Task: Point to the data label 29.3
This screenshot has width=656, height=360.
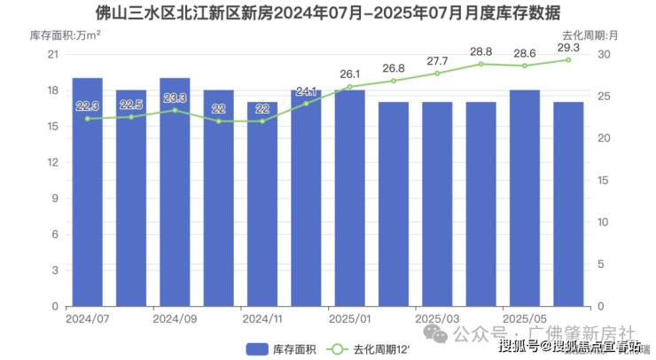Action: pos(568,47)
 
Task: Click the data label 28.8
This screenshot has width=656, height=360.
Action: pos(480,51)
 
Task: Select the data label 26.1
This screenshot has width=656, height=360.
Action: pos(349,74)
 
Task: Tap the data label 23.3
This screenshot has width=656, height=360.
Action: pos(175,98)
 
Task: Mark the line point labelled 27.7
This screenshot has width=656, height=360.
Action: pos(437,74)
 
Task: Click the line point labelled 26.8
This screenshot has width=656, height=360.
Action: pos(394,81)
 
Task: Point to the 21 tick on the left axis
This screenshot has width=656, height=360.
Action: pos(51,55)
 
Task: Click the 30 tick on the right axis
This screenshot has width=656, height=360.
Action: pos(604,55)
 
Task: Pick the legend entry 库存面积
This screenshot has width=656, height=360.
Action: pos(276,348)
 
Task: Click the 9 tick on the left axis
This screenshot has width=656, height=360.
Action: pos(54,199)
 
